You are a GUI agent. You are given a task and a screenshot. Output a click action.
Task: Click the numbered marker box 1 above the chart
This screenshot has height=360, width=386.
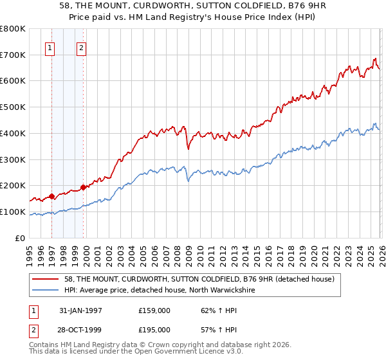[50, 47]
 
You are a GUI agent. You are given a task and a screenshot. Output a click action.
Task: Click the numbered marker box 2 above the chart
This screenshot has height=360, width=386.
[82, 47]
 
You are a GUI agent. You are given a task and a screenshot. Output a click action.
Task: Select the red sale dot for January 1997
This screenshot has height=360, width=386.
[51, 197]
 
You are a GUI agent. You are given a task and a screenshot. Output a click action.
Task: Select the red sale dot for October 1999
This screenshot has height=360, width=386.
[83, 187]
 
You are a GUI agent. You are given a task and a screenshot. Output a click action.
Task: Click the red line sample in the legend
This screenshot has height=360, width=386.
[44, 280]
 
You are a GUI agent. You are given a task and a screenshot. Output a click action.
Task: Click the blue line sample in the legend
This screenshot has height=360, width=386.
[44, 291]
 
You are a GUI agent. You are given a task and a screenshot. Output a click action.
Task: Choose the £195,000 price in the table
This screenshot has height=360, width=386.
[154, 329]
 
